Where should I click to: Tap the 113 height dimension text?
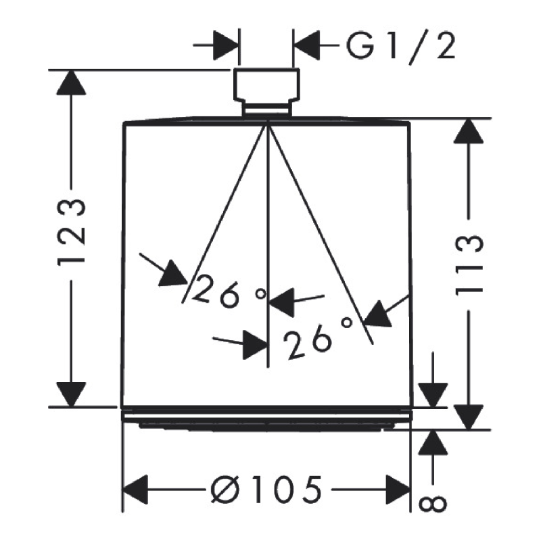[468, 265]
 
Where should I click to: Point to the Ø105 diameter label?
[266, 488]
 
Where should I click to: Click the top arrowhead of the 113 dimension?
[468, 131]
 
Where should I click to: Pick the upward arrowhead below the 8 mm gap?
[433, 443]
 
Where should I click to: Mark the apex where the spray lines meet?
[268, 121]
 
